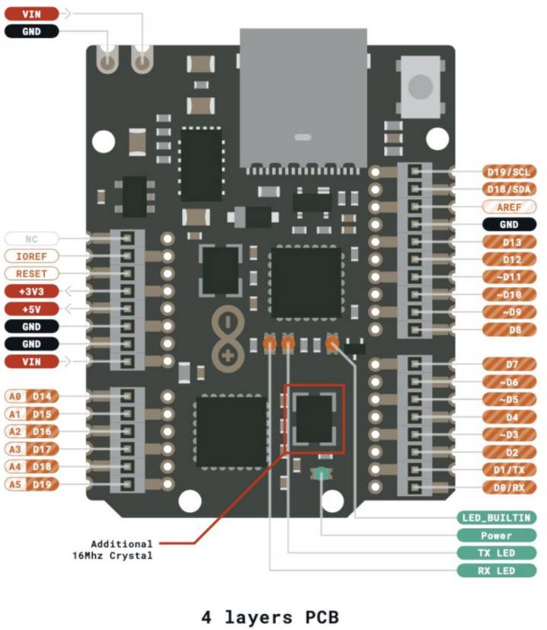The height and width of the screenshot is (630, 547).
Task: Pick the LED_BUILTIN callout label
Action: click(x=496, y=518)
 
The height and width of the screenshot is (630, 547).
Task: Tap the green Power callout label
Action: click(x=496, y=536)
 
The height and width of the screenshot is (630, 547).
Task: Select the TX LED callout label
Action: click(x=496, y=553)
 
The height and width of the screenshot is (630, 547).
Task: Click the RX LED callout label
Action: click(x=496, y=571)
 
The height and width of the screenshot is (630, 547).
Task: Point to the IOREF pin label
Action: click(x=31, y=256)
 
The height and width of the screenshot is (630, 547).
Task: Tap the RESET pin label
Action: click(x=31, y=273)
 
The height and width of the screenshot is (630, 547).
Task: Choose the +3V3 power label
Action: click(x=31, y=291)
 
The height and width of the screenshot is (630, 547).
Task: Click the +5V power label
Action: click(x=31, y=309)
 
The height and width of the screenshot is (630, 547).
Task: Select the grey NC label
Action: click(x=31, y=238)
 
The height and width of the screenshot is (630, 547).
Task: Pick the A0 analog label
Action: click(x=15, y=396)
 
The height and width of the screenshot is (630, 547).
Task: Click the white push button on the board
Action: click(x=420, y=85)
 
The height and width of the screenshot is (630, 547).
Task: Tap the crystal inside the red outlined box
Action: click(x=314, y=418)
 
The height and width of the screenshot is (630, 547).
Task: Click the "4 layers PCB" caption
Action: click(x=270, y=616)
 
